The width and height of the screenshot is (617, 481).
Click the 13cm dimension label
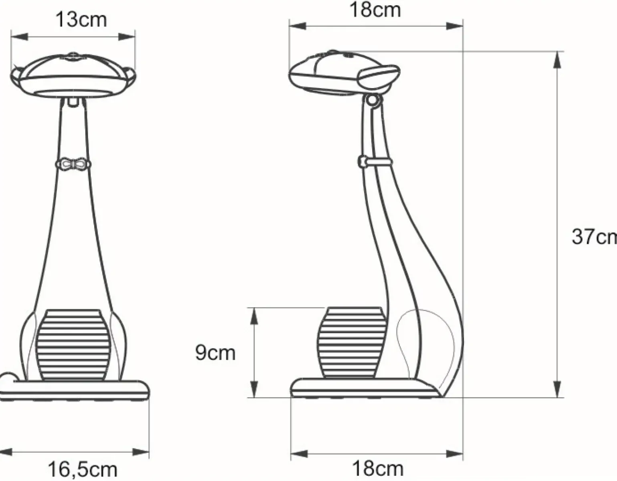pyautogui.click(x=81, y=19)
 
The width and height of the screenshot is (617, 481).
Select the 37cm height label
pyautogui.click(x=593, y=237)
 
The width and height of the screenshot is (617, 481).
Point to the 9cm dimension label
pyautogui.click(x=215, y=353)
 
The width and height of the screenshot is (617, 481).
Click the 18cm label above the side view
pyautogui.click(x=375, y=10)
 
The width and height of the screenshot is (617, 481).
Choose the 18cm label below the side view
pyautogui.click(x=377, y=468)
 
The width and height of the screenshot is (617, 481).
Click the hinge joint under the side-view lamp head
pyautogui.click(x=373, y=100)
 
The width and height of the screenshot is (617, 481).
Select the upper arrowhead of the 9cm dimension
pyautogui.click(x=253, y=315)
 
